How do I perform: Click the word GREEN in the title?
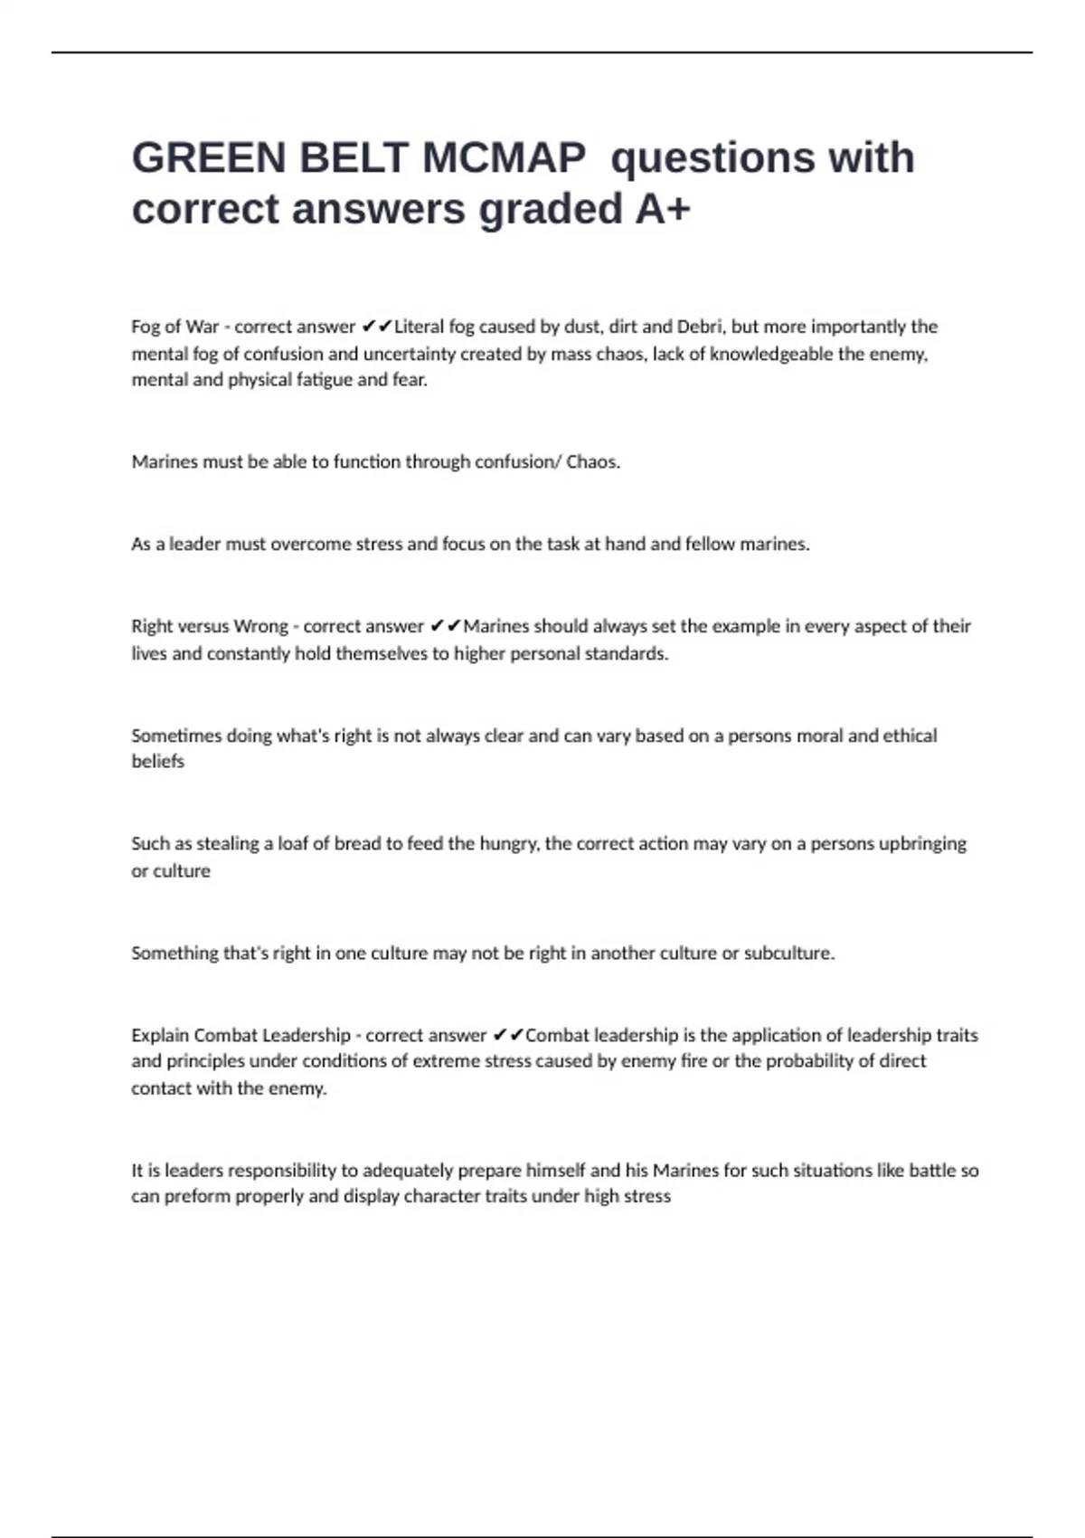(209, 158)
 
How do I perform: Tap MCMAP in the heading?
(504, 158)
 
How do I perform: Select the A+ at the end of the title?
(663, 209)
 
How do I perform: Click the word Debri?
(700, 327)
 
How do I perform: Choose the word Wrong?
(260, 626)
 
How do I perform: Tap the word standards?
(626, 653)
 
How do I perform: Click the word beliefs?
(157, 762)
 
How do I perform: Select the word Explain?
(159, 1035)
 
